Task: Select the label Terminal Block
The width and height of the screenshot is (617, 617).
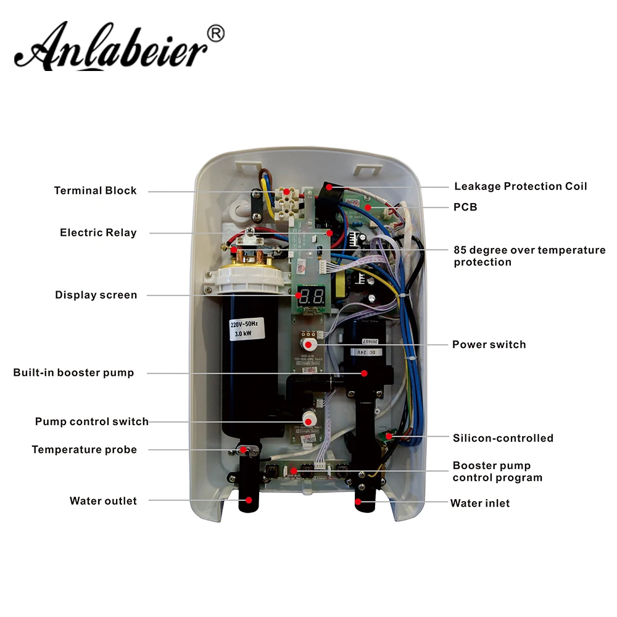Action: (95, 191)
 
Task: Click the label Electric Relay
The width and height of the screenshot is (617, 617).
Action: (98, 233)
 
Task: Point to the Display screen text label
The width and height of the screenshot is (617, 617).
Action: (96, 295)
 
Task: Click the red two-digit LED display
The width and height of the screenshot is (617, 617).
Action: (311, 295)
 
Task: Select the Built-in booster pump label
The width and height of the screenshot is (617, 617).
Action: (73, 373)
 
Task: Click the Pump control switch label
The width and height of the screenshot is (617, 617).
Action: (91, 422)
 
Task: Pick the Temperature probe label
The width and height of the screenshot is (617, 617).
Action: (85, 450)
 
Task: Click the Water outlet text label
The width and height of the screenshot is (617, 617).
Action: (103, 501)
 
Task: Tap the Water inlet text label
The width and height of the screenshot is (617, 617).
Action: (480, 503)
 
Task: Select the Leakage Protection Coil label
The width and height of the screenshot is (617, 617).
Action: (520, 186)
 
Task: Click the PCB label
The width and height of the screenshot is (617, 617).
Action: (465, 207)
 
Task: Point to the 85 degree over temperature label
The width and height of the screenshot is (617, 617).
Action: (529, 256)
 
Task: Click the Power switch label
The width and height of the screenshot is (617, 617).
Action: (489, 344)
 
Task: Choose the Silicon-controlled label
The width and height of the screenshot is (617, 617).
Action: (503, 438)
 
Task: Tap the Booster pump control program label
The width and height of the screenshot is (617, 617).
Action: (497, 471)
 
